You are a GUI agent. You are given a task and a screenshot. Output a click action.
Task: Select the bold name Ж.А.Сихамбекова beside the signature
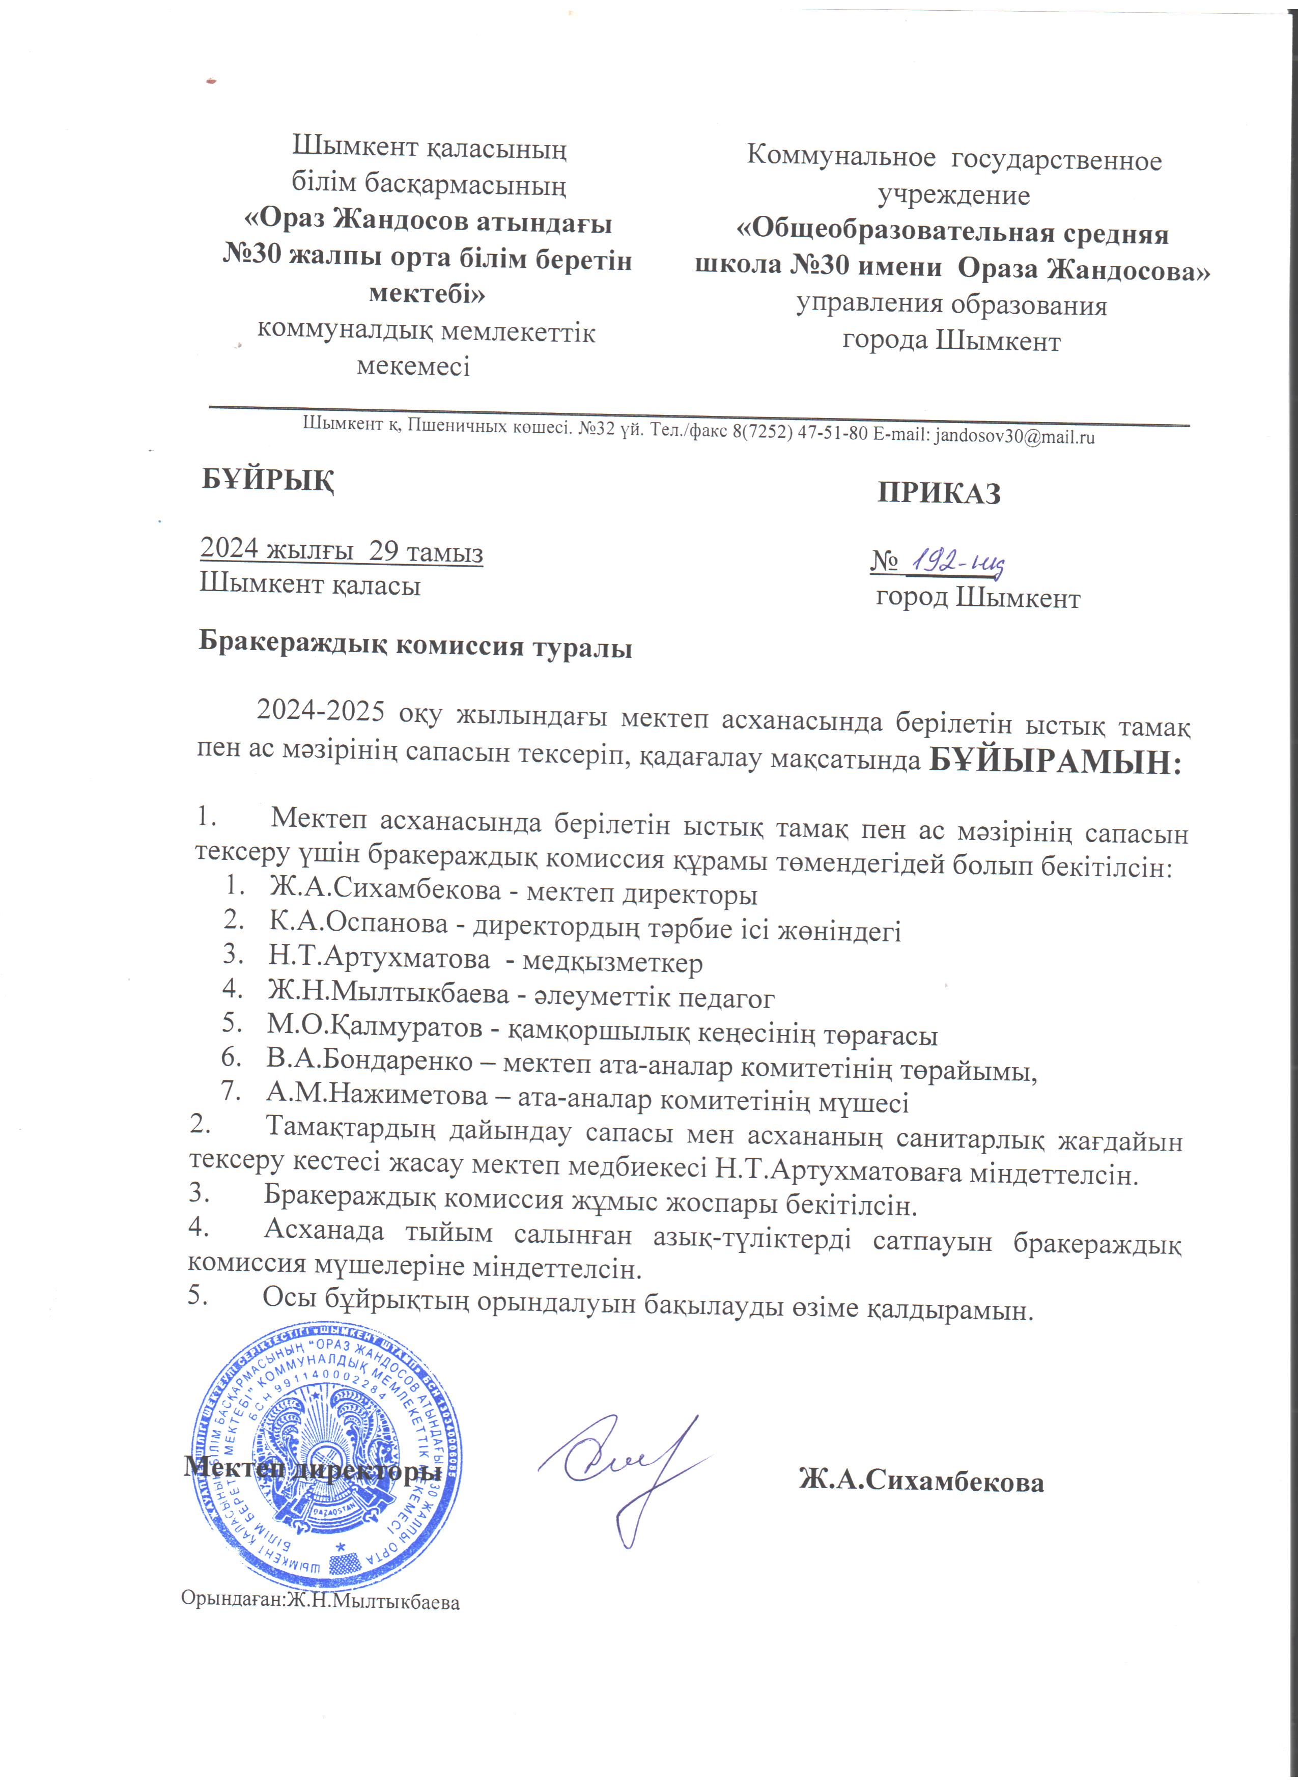[x=921, y=1481]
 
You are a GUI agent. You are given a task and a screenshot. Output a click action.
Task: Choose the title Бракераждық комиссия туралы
[x=415, y=647]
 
